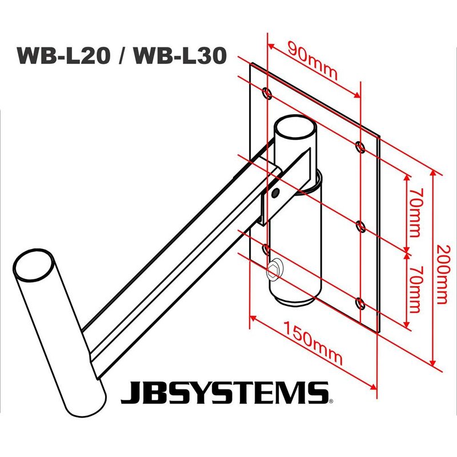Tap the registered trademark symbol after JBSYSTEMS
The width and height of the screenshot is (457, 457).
click(330, 402)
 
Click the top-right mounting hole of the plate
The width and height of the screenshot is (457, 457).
click(359, 147)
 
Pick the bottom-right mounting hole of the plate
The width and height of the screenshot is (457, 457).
click(359, 302)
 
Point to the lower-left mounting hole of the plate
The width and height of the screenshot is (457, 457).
click(267, 248)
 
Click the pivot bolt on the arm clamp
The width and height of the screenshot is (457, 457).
click(276, 193)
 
